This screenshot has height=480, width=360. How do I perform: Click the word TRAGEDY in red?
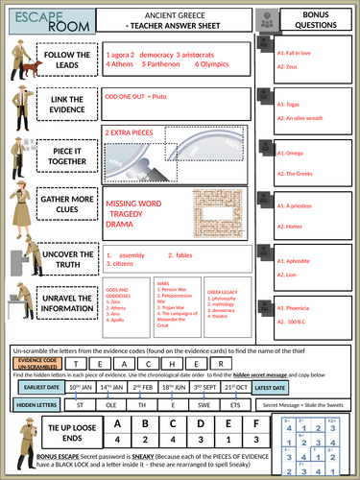pyautogui.click(x=132, y=216)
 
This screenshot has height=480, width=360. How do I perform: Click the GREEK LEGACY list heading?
pyautogui.click(x=223, y=292)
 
